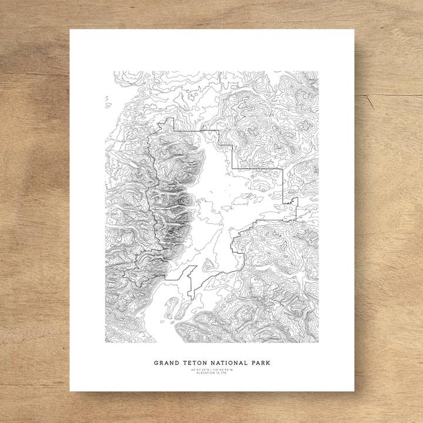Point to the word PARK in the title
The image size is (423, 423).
tap(260, 363)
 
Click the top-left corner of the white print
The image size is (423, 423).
tap(70, 30)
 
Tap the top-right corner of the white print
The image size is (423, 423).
tap(354, 30)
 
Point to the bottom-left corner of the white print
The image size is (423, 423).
tap(70, 391)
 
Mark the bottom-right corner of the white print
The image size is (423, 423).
tap(354, 391)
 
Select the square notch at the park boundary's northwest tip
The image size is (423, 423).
tap(170, 122)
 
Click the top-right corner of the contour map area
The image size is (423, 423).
tap(318, 72)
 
